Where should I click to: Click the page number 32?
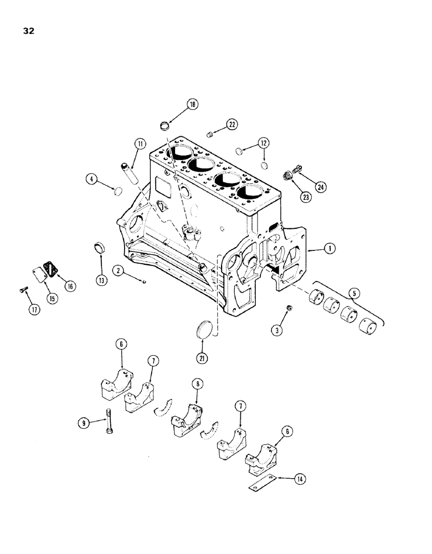point(28,31)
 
